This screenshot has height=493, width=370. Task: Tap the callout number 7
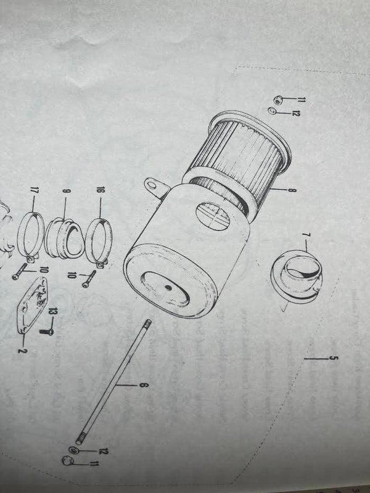[x=305, y=235]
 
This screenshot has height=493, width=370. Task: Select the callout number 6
[x=143, y=385]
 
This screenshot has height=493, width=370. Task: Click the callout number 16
[x=101, y=190]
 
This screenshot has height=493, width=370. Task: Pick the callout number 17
[x=34, y=190]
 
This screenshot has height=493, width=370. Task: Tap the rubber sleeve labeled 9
[x=65, y=238]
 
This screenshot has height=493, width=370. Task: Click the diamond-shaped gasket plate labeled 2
[x=33, y=306]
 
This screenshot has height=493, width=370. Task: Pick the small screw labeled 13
[x=47, y=331]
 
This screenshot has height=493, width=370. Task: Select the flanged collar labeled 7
[x=297, y=277]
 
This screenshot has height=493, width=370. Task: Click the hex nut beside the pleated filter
[x=277, y=100]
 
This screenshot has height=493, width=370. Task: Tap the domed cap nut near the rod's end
[x=67, y=461]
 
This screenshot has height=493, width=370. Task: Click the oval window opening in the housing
[x=213, y=217]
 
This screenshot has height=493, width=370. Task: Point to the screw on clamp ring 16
[x=89, y=279]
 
